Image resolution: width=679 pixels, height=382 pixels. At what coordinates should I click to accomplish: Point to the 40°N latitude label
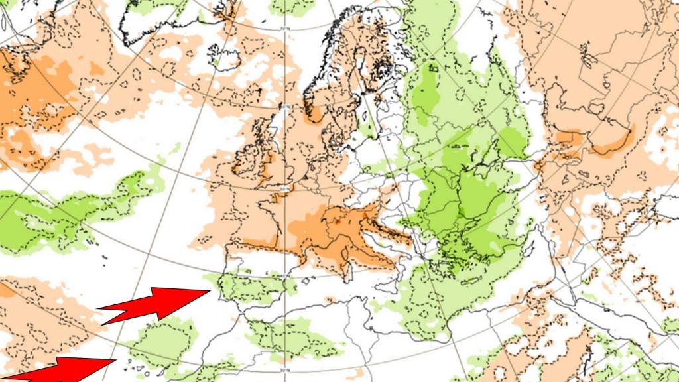coord(284,276)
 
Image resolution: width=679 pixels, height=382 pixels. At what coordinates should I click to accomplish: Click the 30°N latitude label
coord(284,369)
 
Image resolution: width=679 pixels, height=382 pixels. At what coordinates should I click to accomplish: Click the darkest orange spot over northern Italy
coord(338,224)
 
